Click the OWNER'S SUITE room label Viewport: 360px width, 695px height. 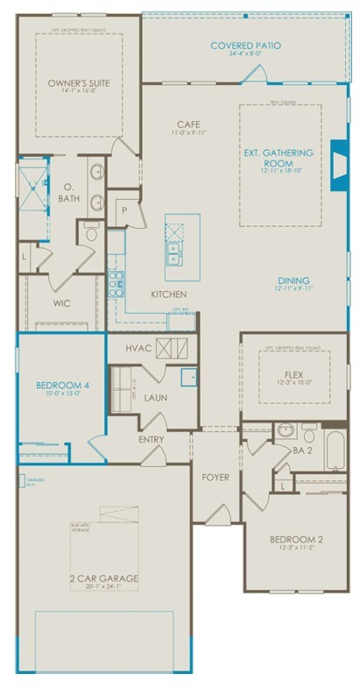coord(78,82)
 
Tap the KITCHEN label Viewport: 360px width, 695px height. coord(167,294)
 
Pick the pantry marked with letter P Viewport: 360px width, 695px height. coord(124,210)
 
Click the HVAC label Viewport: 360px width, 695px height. coord(137,347)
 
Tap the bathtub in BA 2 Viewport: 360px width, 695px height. coord(337,450)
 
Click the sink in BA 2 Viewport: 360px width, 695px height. coord(285,431)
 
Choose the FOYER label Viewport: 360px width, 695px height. coord(215,478)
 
